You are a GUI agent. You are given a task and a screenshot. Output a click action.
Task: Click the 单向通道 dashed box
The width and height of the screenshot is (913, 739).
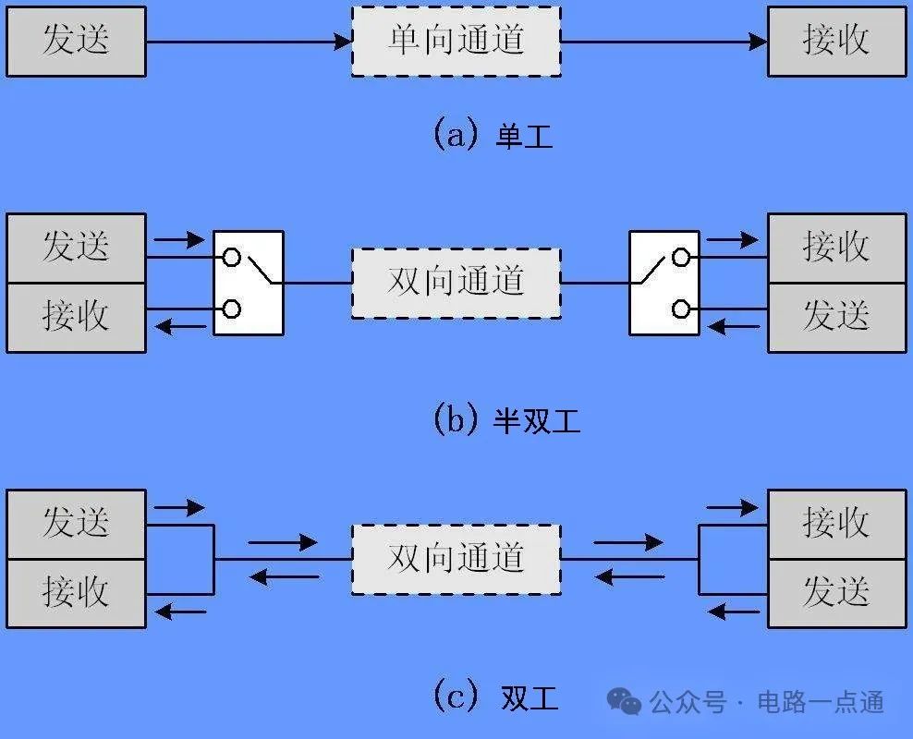tap(456, 42)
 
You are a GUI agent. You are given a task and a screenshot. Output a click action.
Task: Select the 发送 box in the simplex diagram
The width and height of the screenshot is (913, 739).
tap(76, 42)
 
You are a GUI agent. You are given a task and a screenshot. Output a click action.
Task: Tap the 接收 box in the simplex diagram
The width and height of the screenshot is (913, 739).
tap(836, 42)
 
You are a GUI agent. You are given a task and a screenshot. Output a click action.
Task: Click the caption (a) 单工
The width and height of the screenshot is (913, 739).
tap(493, 136)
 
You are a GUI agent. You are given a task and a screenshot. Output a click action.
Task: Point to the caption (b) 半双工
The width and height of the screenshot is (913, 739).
tap(506, 420)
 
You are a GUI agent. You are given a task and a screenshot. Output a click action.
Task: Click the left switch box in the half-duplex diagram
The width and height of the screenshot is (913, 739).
tap(249, 283)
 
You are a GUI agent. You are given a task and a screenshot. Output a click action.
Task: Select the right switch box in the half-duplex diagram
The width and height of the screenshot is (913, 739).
tap(663, 283)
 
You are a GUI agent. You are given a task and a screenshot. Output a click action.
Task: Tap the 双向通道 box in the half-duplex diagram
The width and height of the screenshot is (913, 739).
tap(456, 283)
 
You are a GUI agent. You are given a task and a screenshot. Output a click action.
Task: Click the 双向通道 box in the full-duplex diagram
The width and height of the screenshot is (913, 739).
tap(456, 559)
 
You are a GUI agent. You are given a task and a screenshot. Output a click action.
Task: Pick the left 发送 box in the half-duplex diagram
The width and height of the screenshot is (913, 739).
tap(76, 248)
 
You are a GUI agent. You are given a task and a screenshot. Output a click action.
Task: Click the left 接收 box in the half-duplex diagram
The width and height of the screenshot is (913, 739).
tap(76, 317)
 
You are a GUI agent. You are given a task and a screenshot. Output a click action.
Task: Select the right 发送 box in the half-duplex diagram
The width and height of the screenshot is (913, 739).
tap(836, 317)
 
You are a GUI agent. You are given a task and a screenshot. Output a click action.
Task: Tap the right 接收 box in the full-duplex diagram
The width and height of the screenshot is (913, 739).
tap(836, 524)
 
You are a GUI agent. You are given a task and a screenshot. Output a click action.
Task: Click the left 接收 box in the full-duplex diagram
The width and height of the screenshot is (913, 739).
tap(76, 593)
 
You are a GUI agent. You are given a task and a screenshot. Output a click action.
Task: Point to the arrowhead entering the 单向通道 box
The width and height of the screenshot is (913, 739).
tap(344, 42)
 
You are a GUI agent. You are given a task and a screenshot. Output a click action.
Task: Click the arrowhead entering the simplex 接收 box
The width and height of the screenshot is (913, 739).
tap(759, 42)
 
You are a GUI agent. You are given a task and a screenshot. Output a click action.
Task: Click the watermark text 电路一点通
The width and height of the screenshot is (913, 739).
tap(821, 702)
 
